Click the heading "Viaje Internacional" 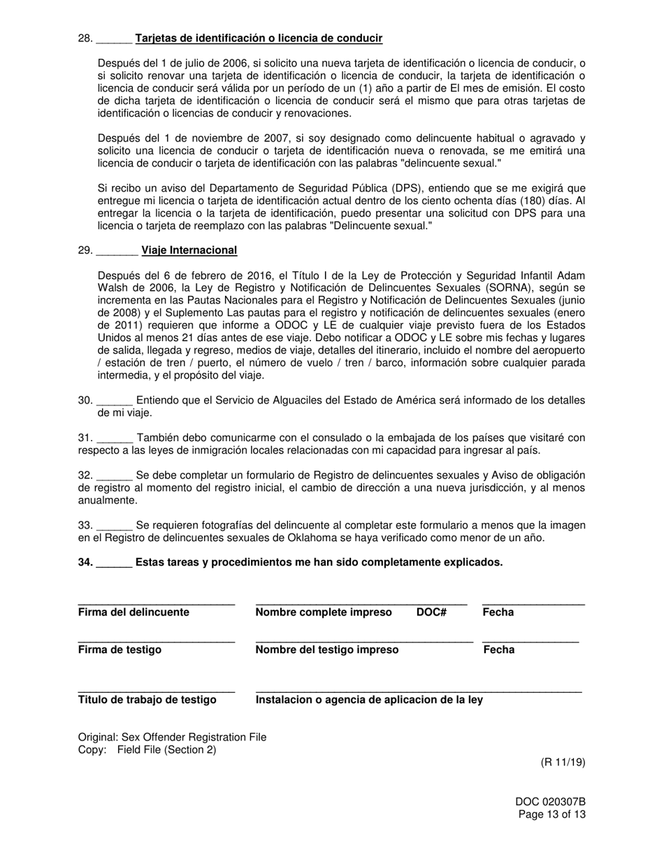189,250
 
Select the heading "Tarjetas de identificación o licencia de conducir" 259,38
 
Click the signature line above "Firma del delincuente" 156,603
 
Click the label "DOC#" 431,612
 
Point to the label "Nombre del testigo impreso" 327,650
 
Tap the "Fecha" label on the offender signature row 498,612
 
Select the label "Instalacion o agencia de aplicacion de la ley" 369,700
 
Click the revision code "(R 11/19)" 563,762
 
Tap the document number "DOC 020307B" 551,802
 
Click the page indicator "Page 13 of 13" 552,815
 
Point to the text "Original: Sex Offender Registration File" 172,737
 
